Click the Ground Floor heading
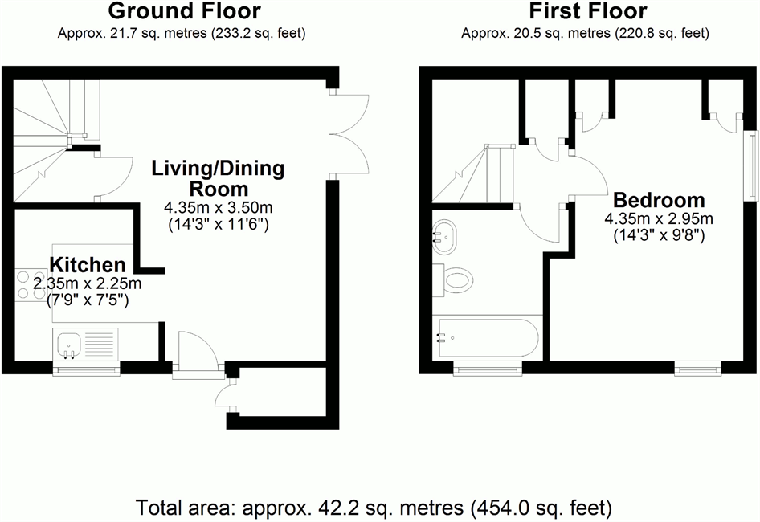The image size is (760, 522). (184, 11)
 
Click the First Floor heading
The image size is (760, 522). (588, 11)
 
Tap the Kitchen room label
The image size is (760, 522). (88, 265)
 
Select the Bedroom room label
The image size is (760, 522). (659, 200)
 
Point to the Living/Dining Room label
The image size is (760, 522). (218, 178)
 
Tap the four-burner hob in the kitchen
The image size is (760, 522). (29, 285)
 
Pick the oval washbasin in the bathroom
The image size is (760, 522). (444, 237)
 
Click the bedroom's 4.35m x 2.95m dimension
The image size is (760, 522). (659, 219)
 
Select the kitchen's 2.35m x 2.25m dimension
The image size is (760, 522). (88, 283)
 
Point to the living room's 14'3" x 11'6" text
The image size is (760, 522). (218, 225)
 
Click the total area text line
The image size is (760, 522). (374, 508)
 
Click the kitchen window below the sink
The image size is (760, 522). (87, 369)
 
